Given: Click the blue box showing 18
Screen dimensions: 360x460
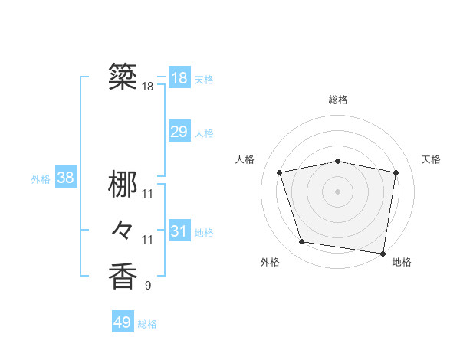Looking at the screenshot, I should pyautogui.click(x=179, y=78).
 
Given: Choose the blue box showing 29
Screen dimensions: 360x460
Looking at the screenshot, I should pyautogui.click(x=179, y=132).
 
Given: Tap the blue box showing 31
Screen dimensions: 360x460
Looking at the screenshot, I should pyautogui.click(x=179, y=231).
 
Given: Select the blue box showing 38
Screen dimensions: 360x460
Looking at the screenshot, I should pyautogui.click(x=66, y=178).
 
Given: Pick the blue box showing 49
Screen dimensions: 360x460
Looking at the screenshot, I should pyautogui.click(x=123, y=322).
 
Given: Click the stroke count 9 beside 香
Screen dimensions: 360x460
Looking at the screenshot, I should pyautogui.click(x=147, y=286).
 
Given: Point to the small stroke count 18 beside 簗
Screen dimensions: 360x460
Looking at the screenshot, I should pyautogui.click(x=147, y=87).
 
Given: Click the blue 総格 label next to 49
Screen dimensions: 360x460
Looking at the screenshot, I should pyautogui.click(x=147, y=324).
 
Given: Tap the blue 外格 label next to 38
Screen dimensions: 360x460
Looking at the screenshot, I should pyautogui.click(x=41, y=179).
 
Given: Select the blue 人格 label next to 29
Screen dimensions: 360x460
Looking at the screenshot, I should pyautogui.click(x=204, y=133).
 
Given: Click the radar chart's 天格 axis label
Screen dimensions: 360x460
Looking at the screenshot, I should pyautogui.click(x=432, y=159).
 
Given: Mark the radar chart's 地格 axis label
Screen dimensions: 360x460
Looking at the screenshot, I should pyautogui.click(x=402, y=263).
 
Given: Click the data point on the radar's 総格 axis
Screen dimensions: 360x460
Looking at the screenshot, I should pyautogui.click(x=338, y=161).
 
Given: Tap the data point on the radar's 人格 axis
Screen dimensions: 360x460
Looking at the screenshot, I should pyautogui.click(x=280, y=172).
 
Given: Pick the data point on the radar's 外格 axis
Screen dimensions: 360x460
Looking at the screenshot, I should pyautogui.click(x=302, y=242).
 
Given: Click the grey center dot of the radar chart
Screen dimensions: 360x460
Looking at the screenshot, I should pyautogui.click(x=338, y=191).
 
